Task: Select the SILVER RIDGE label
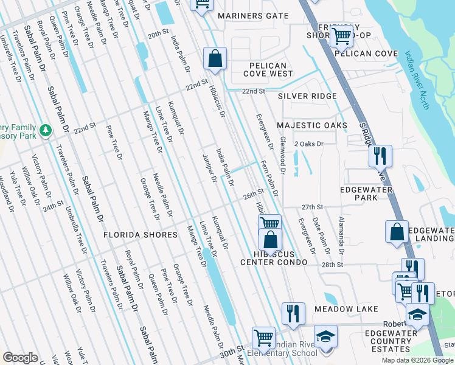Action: click(x=307, y=97)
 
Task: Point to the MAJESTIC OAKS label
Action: click(x=312, y=125)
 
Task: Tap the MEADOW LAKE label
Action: click(x=346, y=309)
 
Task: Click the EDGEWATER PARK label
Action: click(x=367, y=193)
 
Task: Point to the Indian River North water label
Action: click(x=417, y=80)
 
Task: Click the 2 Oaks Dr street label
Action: click(x=309, y=144)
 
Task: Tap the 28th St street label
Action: click(x=332, y=265)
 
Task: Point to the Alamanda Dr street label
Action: click(x=342, y=235)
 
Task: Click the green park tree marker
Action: click(x=45, y=131)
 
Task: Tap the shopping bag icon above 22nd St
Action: click(x=215, y=59)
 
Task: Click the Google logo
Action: click(x=21, y=358)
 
